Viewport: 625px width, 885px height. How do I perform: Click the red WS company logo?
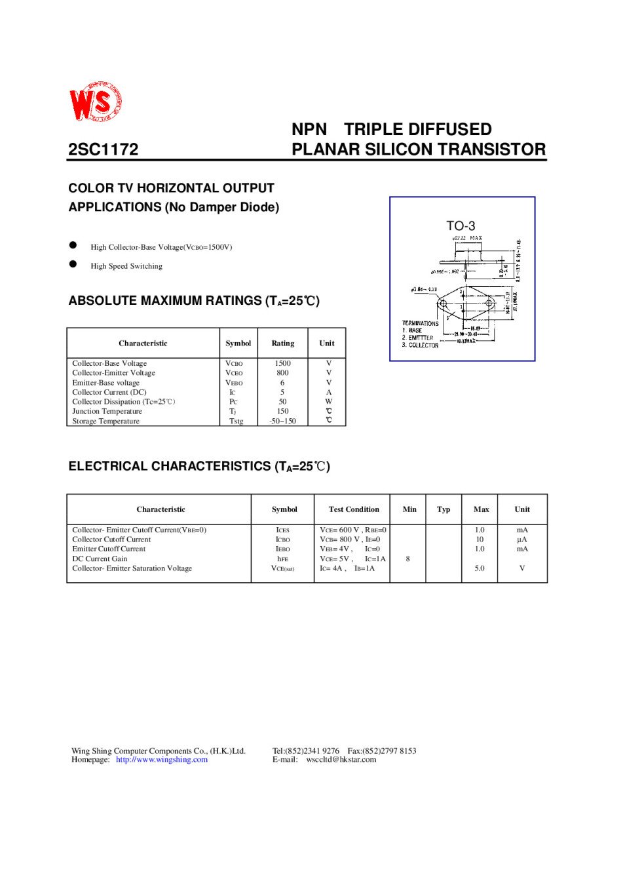[96, 102]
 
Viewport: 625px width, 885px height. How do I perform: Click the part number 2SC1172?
[104, 149]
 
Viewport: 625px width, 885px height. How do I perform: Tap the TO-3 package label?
[461, 226]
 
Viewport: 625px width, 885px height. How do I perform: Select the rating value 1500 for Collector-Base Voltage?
[282, 363]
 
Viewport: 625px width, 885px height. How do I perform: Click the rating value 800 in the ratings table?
[282, 373]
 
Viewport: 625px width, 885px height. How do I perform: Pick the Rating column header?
[282, 344]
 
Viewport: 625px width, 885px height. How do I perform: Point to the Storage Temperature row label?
[105, 421]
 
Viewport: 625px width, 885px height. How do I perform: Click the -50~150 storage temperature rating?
[282, 421]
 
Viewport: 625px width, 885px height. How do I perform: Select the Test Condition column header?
[354, 509]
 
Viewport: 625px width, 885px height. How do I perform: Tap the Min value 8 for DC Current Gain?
[407, 559]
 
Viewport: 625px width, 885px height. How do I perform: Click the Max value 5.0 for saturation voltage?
[480, 568]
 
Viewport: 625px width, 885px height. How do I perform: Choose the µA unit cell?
[521, 540]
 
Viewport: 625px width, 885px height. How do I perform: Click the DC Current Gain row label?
[100, 559]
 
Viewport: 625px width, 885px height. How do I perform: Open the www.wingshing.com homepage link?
[162, 760]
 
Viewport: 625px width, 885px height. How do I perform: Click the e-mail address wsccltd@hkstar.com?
[341, 760]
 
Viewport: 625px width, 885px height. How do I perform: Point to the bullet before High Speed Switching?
[73, 264]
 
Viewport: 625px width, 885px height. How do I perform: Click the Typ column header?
[444, 509]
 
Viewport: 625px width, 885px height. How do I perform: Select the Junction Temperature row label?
[107, 412]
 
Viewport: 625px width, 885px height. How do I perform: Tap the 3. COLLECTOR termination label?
[420, 345]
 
